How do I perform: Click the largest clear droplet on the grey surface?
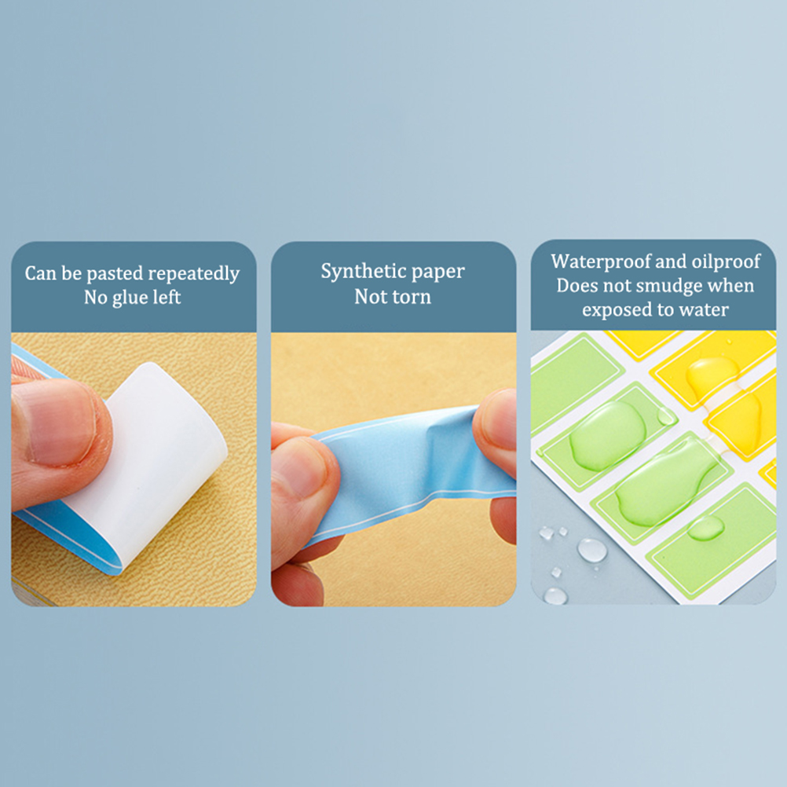592,550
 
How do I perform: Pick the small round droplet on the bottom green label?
705,528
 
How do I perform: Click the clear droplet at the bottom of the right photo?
555,596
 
